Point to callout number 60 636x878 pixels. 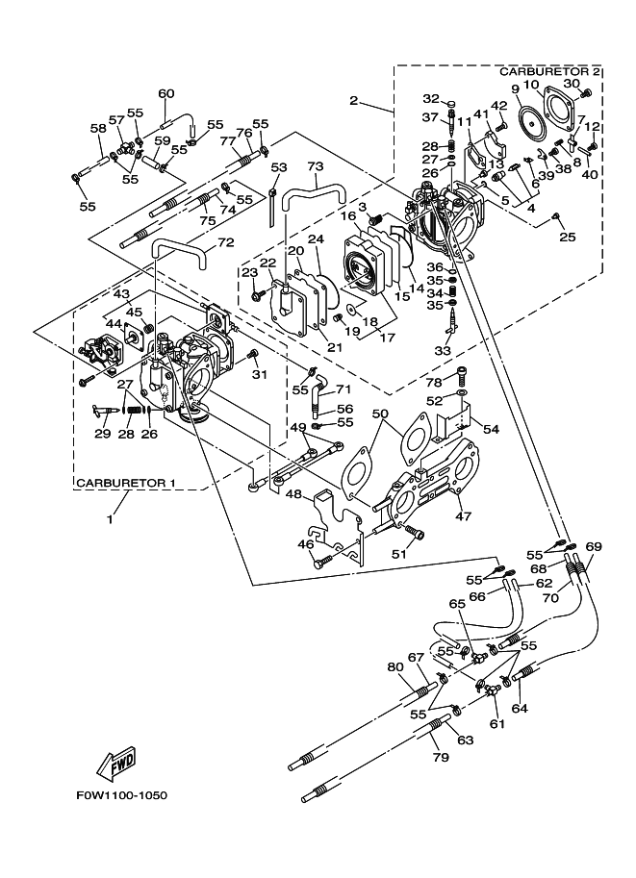point(166,93)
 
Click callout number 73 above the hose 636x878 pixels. point(315,166)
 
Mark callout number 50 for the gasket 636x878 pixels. point(379,414)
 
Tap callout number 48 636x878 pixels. point(293,494)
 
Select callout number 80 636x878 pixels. point(394,667)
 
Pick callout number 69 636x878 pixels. point(594,547)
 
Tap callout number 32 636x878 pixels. point(430,98)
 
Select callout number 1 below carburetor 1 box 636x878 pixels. point(109,519)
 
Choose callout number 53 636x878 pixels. point(279,167)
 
